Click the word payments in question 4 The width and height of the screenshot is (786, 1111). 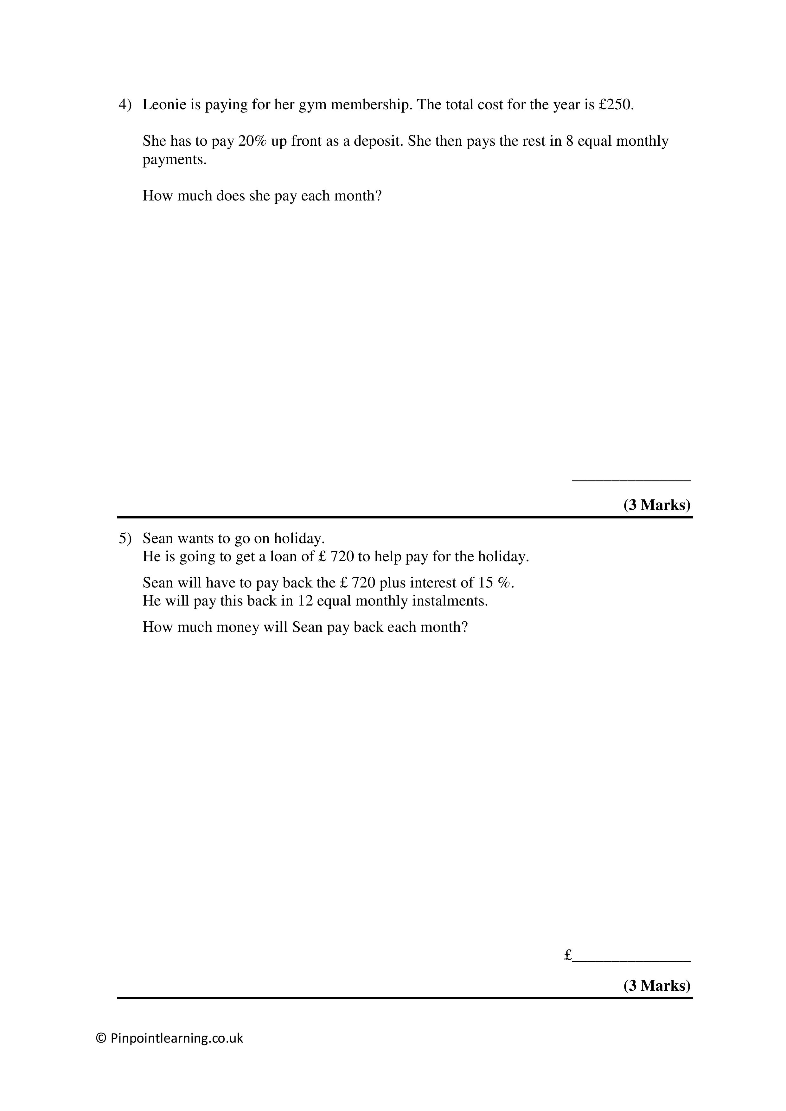click(174, 160)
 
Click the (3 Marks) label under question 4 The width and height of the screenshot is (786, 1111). click(657, 505)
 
